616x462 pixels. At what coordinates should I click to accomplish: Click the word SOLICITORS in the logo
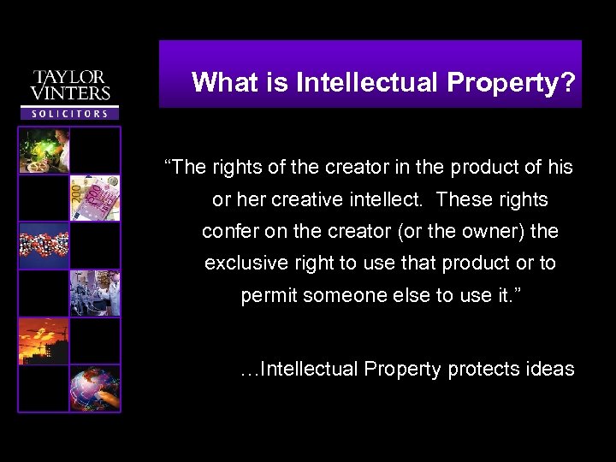tap(70, 113)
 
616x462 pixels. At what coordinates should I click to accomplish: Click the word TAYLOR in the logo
tap(70, 78)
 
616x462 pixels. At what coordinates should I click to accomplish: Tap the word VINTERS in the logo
tap(70, 93)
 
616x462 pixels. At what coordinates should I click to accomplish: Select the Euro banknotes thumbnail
tap(95, 198)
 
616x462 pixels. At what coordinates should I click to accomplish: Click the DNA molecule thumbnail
tap(44, 245)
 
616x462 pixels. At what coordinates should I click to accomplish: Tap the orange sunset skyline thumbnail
tap(44, 341)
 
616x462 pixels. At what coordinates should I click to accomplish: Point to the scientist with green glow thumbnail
tap(44, 151)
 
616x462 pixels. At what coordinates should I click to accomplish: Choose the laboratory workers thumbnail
tap(95, 293)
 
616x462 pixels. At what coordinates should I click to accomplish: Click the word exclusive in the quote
tap(242, 264)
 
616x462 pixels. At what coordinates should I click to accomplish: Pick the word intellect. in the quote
tap(386, 200)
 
